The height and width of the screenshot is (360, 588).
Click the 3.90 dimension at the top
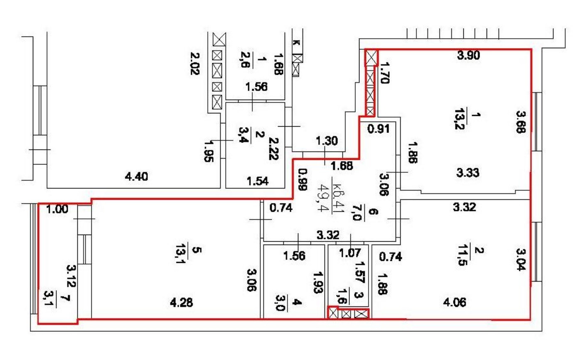(468, 55)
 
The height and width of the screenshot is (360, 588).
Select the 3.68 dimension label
(521, 121)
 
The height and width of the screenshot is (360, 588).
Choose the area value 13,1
(181, 254)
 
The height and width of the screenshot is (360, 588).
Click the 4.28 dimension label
(181, 302)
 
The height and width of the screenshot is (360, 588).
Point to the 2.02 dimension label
(194, 63)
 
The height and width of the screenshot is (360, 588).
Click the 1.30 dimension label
(327, 141)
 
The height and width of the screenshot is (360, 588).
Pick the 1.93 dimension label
(318, 282)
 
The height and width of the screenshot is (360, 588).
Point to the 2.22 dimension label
(274, 149)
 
